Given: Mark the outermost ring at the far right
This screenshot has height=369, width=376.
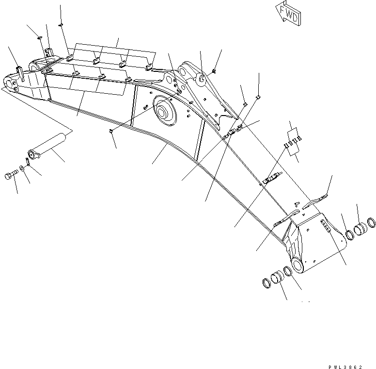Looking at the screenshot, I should (x=372, y=223).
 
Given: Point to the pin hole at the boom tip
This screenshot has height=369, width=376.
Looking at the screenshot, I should (x=11, y=81).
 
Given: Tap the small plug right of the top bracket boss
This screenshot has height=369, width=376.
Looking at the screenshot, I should (x=214, y=72).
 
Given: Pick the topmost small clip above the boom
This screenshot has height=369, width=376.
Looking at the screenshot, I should (x=61, y=26).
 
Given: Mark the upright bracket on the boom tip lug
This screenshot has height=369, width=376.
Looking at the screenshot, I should (x=19, y=71).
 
